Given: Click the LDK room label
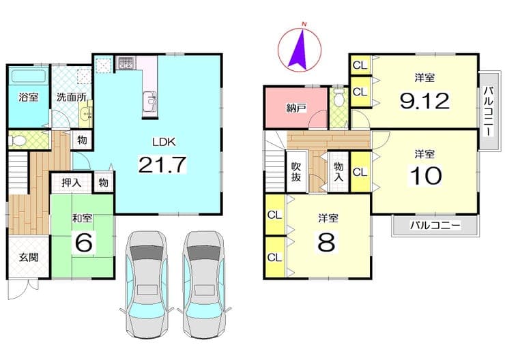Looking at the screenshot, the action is pyautogui.click(x=164, y=142).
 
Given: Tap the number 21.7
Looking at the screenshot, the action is pyautogui.click(x=162, y=164).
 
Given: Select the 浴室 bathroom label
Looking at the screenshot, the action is pyautogui.click(x=29, y=97).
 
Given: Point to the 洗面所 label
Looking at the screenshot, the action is pyautogui.click(x=71, y=97).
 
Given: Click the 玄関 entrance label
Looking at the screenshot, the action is pyautogui.click(x=29, y=257).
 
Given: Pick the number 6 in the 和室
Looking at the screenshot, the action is pyautogui.click(x=83, y=242).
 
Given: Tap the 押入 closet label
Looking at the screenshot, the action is pyautogui.click(x=71, y=183).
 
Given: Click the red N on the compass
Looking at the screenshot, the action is pyautogui.click(x=303, y=23).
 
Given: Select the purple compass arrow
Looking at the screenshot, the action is pyautogui.click(x=299, y=49).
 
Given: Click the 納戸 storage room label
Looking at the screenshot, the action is pyautogui.click(x=296, y=108).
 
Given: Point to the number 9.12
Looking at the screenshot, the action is pyautogui.click(x=424, y=101).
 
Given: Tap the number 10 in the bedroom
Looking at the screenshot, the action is pyautogui.click(x=425, y=176).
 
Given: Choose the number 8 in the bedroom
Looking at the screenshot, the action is pyautogui.click(x=327, y=242).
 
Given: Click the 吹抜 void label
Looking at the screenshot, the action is pyautogui.click(x=296, y=172).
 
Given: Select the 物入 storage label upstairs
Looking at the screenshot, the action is pyautogui.click(x=338, y=171).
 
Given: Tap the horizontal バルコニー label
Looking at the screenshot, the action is pyautogui.click(x=435, y=225).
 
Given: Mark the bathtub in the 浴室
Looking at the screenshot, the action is pyautogui.click(x=29, y=76).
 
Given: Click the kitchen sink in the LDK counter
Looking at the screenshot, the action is pyautogui.click(x=149, y=101).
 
